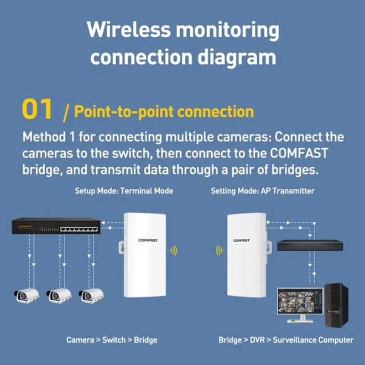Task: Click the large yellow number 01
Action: [38, 111]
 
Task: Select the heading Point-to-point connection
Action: [163, 112]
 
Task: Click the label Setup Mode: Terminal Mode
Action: [124, 191]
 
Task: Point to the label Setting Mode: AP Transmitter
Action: [262, 191]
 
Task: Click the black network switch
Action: [56, 226]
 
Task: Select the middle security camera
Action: [59, 296]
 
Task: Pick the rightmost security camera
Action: [91, 296]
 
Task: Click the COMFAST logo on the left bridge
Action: [148, 240]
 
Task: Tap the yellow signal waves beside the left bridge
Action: [173, 250]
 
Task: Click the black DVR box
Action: [310, 245]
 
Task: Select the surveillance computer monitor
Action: [300, 301]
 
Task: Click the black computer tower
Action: [337, 304]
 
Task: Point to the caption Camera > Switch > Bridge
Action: [112, 340]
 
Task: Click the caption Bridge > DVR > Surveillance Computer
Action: [286, 340]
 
